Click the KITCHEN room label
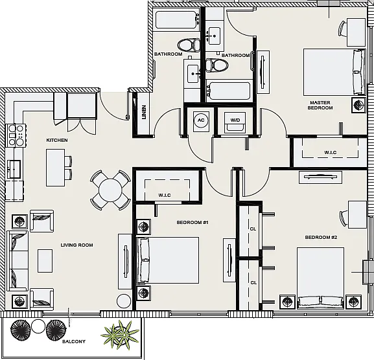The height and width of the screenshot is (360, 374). (57, 140)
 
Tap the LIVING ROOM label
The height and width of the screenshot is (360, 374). (76, 245)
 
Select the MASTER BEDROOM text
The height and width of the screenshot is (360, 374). (320, 105)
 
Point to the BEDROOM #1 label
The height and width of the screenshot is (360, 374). (193, 223)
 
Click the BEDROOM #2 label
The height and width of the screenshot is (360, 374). (321, 237)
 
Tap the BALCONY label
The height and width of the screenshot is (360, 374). (74, 341)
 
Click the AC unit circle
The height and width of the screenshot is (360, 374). (201, 120)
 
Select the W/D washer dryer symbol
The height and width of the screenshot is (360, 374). (235, 122)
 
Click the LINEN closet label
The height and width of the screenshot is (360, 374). (144, 112)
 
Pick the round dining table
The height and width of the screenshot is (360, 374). (110, 190)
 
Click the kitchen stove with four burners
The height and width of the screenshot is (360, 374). (16, 135)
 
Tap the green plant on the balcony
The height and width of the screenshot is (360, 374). (120, 332)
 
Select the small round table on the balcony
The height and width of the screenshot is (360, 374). (38, 326)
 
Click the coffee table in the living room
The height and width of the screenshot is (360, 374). (45, 261)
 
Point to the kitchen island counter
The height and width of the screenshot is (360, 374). (55, 168)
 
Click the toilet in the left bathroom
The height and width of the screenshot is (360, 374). (189, 45)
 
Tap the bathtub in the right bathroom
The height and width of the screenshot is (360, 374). (228, 91)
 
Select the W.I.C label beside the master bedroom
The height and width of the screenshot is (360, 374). (331, 152)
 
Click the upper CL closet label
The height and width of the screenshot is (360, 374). (253, 229)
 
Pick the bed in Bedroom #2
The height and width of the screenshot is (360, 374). (320, 278)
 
